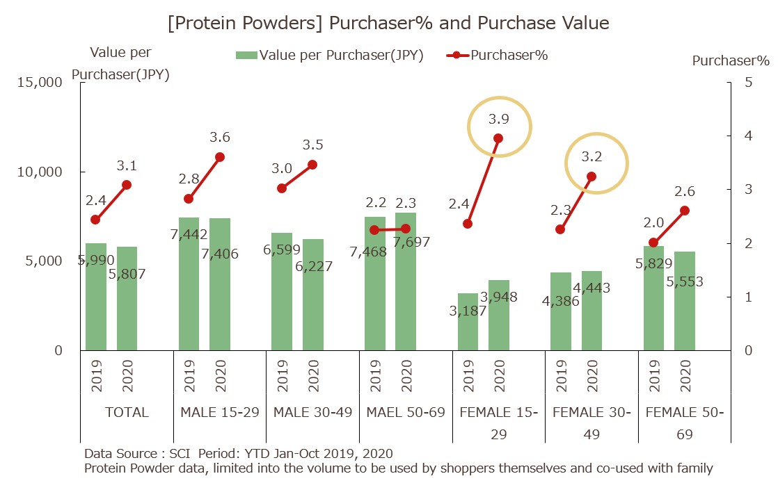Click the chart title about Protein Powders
[388, 23]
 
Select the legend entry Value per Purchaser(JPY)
[331, 56]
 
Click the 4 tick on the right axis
[748, 136]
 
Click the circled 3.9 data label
[499, 119]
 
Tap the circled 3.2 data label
[592, 157]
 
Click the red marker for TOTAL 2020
[127, 185]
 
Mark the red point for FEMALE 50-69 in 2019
[653, 243]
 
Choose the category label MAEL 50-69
[405, 412]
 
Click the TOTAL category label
[127, 412]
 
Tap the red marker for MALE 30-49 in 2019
[282, 188]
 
